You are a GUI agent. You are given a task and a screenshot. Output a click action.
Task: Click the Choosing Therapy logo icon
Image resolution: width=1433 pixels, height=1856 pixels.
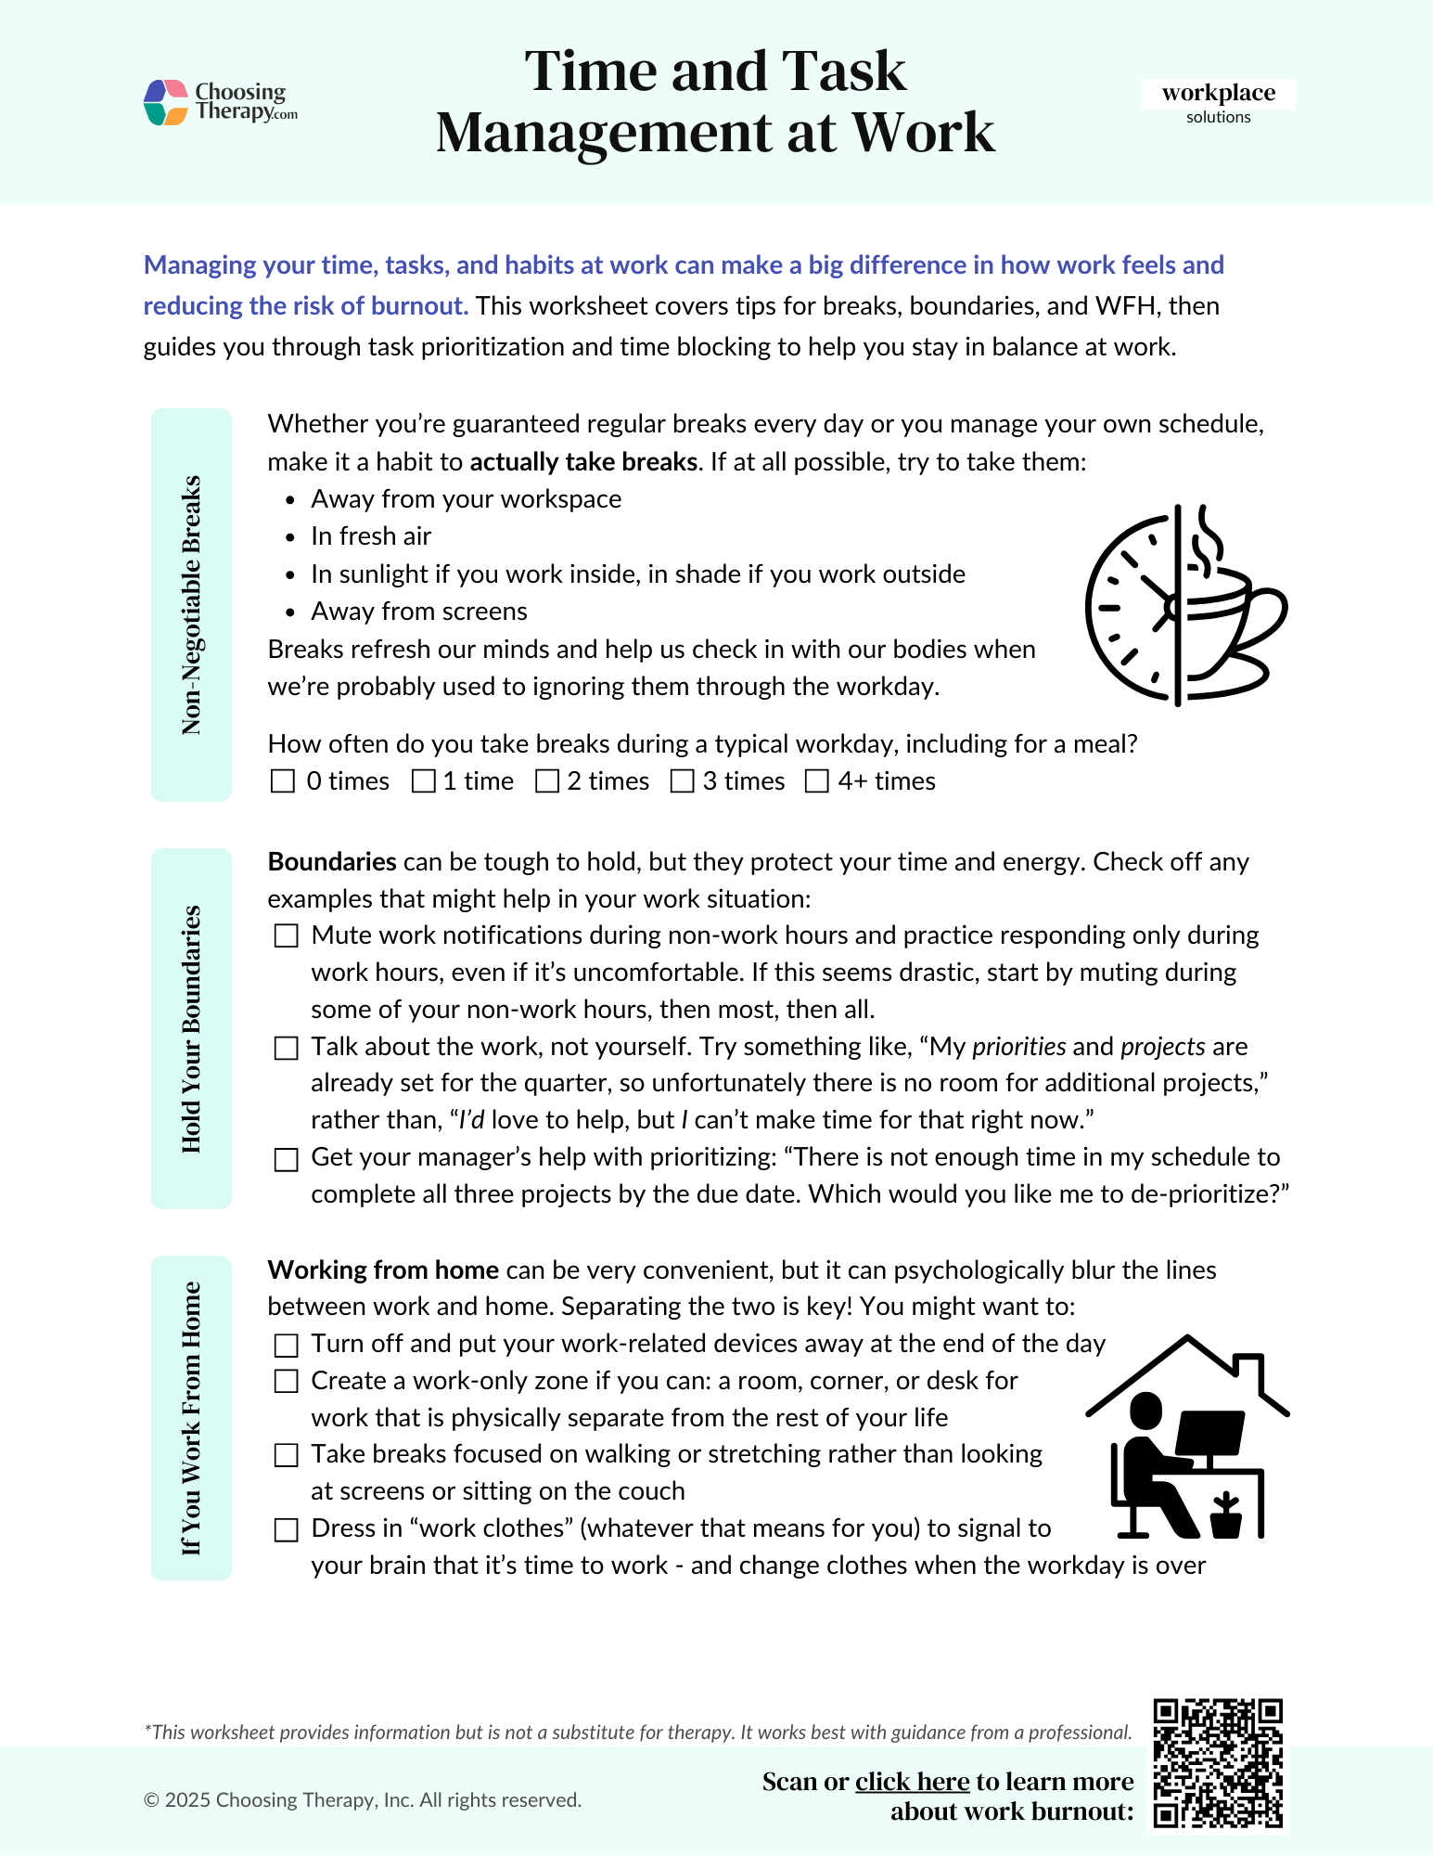(167, 102)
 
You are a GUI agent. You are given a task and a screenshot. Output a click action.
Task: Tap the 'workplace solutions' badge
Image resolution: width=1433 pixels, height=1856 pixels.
(1218, 102)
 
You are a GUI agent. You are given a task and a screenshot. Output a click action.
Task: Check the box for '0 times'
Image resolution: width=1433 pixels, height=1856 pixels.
(282, 781)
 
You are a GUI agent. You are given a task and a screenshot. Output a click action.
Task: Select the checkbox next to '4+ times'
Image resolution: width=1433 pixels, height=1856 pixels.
(816, 781)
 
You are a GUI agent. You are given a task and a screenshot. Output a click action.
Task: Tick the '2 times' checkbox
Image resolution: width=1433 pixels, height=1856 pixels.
(547, 781)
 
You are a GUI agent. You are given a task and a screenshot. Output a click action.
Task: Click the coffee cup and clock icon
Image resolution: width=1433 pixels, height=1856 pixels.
(1185, 605)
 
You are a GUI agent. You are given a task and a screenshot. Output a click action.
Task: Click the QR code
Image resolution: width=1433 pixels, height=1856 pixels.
(1218, 1763)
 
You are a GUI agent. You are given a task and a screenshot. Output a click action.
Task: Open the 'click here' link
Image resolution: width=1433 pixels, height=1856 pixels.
(912, 1782)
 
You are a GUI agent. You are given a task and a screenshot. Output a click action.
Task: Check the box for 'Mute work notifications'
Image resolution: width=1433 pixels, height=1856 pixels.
(286, 935)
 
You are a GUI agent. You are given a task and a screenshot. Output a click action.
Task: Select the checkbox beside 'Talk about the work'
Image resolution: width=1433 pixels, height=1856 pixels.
(286, 1048)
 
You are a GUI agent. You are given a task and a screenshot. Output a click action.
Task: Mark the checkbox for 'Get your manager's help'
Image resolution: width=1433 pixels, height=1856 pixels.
(286, 1159)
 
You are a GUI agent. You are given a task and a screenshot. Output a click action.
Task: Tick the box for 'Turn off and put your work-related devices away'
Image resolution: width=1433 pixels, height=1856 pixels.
(286, 1345)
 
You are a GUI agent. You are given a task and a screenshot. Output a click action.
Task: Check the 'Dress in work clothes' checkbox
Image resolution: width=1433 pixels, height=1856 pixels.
(286, 1529)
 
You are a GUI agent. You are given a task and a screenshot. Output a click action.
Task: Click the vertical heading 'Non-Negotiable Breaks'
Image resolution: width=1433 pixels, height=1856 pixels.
(191, 605)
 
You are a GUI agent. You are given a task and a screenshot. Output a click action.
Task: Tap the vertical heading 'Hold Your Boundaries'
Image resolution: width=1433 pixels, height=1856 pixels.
(191, 1028)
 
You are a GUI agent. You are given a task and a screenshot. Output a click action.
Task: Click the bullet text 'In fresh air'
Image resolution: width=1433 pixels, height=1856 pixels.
(371, 536)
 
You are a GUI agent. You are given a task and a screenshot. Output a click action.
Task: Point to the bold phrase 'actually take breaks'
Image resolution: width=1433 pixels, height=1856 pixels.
(583, 462)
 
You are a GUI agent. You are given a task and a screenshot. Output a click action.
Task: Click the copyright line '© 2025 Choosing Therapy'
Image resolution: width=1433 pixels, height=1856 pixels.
(363, 1800)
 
